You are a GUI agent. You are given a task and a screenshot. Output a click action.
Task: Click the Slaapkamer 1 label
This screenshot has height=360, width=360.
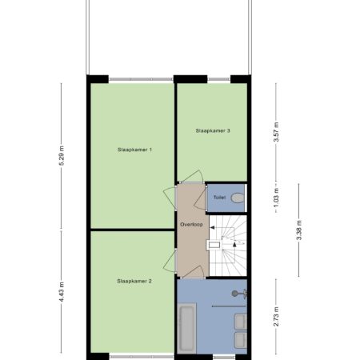click(x=134, y=150)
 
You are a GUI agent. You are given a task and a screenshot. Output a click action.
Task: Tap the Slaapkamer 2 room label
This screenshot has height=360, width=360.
click(x=134, y=281)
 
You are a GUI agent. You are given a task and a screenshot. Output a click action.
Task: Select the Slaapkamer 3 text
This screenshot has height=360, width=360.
click(x=213, y=130)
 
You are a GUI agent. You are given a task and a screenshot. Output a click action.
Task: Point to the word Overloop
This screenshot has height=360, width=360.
click(x=191, y=225)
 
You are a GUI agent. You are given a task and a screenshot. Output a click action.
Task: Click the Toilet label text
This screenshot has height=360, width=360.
click(x=220, y=198)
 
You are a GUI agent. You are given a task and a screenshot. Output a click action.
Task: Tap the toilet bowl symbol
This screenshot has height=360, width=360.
click(x=238, y=198)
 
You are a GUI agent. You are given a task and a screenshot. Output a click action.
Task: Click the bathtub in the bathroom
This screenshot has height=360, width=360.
click(x=186, y=328)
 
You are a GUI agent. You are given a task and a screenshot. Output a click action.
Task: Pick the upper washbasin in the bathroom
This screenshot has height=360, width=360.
click(x=241, y=322)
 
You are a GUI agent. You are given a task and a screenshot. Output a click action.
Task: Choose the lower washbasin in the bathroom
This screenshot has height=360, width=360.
click(x=241, y=340)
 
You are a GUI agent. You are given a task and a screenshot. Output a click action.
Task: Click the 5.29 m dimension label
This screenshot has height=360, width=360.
click(x=62, y=156)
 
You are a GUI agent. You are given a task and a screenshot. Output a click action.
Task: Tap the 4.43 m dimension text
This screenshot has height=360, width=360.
click(x=62, y=292)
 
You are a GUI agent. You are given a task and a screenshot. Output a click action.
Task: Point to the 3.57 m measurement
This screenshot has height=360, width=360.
click(x=277, y=132)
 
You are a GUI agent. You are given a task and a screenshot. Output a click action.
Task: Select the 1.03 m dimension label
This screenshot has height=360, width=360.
click(x=277, y=198)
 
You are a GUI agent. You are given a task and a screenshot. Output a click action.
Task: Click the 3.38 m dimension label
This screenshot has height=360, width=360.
click(x=299, y=230)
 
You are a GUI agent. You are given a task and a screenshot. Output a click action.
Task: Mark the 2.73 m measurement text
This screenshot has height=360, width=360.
click(x=277, y=317)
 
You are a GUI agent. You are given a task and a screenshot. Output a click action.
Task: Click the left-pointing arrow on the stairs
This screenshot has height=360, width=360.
click(x=213, y=227)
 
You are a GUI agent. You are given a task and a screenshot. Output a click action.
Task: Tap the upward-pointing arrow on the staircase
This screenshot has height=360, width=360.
click(x=234, y=245)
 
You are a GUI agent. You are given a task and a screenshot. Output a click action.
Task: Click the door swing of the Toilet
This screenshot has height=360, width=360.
click(x=199, y=198)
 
